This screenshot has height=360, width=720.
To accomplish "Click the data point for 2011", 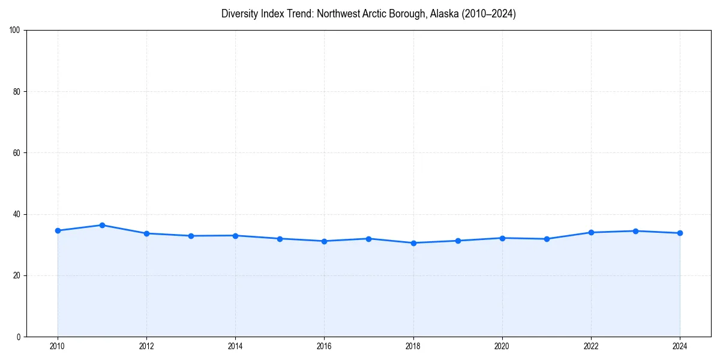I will tap(102, 225).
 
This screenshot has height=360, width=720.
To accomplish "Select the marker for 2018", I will tap(413, 243).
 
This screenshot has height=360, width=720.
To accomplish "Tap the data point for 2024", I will tap(680, 233).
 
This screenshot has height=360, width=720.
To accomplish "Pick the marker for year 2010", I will tap(58, 230).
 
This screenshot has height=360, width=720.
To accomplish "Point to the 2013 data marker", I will tap(191, 236).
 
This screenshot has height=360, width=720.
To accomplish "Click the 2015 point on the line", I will tap(280, 239).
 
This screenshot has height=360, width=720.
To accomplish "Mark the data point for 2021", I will tap(547, 239).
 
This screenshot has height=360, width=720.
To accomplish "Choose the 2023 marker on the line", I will tap(635, 231).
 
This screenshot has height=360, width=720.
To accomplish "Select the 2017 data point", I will tap(368, 239).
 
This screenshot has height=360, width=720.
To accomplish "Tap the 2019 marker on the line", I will tap(458, 241).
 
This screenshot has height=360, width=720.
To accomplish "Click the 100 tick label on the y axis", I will tap(16, 31).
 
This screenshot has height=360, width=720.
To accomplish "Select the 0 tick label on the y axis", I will tap(19, 337).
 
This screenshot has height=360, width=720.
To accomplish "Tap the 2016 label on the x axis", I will tap(324, 346).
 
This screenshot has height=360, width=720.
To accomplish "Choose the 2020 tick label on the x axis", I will tap(502, 346).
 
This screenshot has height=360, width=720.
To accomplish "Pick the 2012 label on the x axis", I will tap(146, 346).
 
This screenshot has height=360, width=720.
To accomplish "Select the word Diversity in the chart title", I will tap(239, 14).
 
